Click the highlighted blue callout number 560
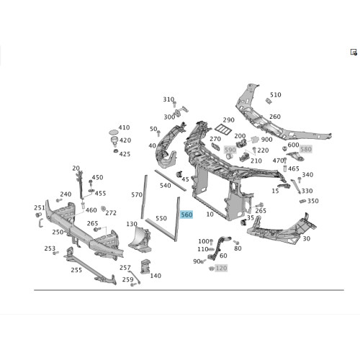point(186,215)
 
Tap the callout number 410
point(124,127)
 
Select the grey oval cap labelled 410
point(114,132)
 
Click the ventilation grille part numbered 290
point(223,130)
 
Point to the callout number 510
point(275,95)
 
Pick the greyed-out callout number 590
point(230,150)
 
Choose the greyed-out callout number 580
point(306,149)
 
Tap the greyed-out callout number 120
point(221,268)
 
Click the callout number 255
point(76,270)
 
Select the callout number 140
point(156,276)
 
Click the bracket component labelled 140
point(145,266)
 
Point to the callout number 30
point(307,238)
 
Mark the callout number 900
point(266,140)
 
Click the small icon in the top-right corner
point(354,52)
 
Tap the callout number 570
point(137,194)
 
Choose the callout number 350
point(313,201)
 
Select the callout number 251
point(40,207)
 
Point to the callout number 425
point(125,154)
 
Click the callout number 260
point(275,117)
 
